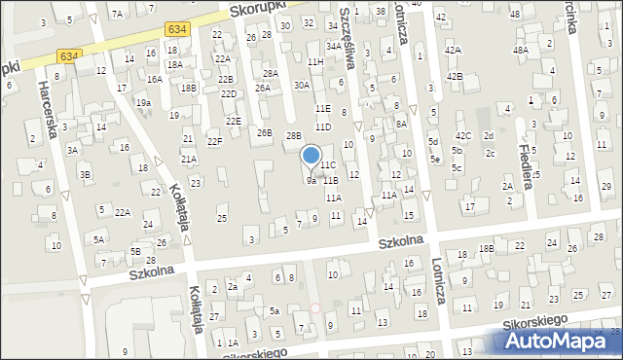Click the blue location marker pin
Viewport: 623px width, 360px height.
311,156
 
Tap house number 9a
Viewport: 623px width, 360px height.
311,181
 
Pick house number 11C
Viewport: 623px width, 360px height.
329,165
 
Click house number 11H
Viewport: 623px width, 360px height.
315,61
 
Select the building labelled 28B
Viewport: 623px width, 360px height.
294,136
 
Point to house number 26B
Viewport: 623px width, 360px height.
264,132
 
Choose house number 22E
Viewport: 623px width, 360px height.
233,121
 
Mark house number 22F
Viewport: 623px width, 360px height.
214,142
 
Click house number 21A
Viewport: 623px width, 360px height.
189,159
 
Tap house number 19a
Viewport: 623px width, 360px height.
143,102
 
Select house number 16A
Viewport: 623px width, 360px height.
154,79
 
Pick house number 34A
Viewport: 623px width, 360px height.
333,46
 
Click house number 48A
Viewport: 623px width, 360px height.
521,50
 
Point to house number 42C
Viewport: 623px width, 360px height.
463,135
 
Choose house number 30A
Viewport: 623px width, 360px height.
302,85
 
